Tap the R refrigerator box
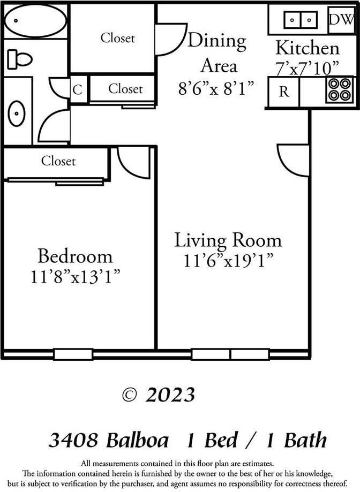(283, 92)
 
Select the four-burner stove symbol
(340, 89)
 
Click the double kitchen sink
(300, 20)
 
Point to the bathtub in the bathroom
(35, 21)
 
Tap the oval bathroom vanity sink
(17, 113)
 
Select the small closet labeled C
(78, 90)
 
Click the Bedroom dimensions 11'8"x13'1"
(75, 277)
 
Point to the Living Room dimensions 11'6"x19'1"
(229, 261)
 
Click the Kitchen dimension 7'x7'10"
(307, 68)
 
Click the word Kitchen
(307, 48)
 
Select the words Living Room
(228, 240)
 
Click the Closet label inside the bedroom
(58, 161)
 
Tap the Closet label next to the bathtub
(118, 38)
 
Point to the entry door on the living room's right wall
(294, 160)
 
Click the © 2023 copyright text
(159, 395)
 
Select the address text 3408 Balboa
(108, 441)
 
